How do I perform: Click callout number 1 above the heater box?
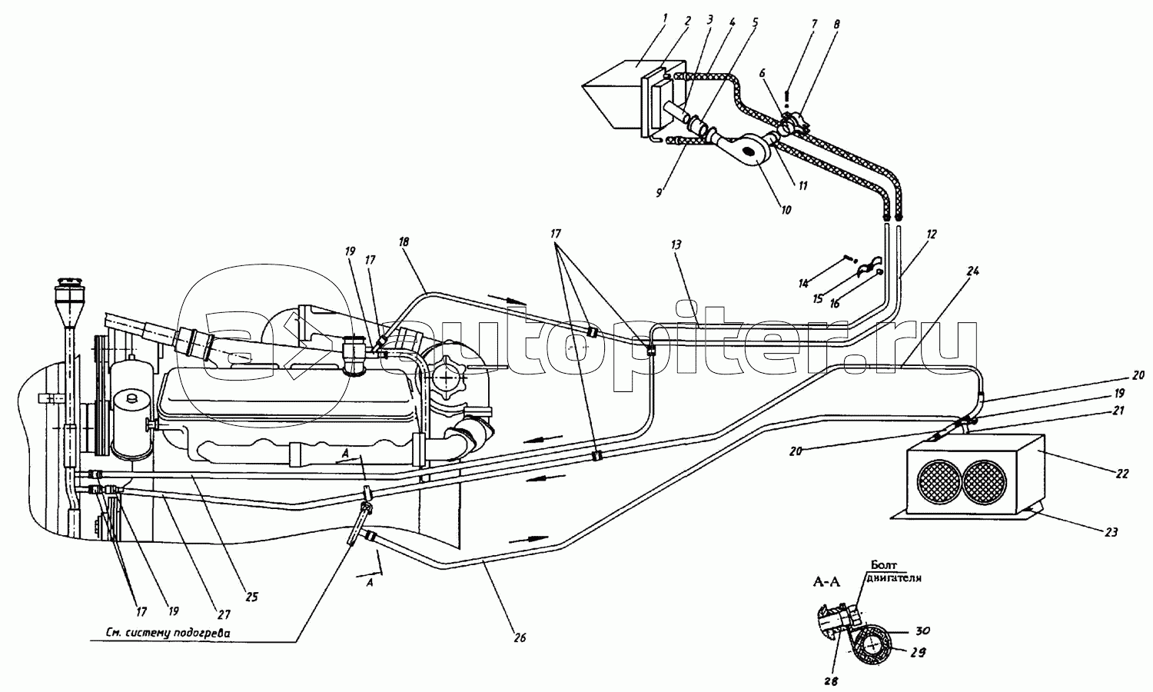click(x=665, y=19)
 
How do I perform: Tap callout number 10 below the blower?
click(x=786, y=210)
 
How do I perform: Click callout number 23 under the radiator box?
click(x=1111, y=532)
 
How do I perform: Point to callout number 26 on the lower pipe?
click(x=520, y=637)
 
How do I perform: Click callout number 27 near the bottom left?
click(x=224, y=614)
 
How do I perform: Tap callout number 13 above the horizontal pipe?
click(x=676, y=245)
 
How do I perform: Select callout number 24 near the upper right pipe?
click(x=973, y=271)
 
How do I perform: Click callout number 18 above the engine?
click(x=404, y=242)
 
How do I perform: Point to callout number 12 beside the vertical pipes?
click(x=931, y=235)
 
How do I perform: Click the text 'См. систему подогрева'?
click(x=161, y=633)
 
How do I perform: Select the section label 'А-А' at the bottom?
click(x=826, y=582)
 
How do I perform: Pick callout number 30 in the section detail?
click(x=922, y=630)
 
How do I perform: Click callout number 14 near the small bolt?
click(x=803, y=283)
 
